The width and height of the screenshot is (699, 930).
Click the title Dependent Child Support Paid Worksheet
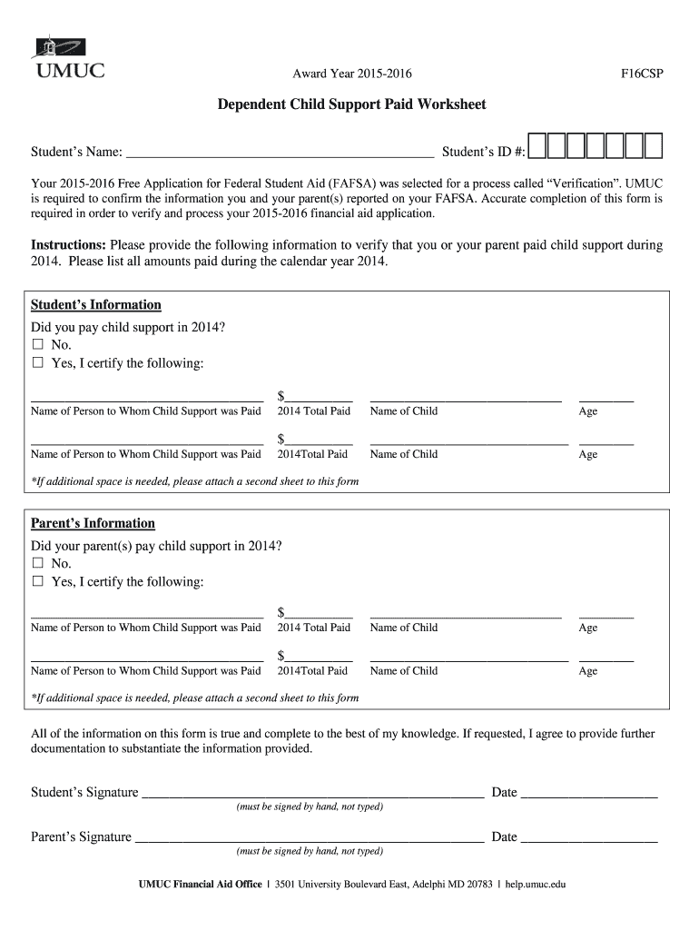click(x=351, y=104)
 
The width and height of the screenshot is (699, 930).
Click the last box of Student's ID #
click(x=654, y=145)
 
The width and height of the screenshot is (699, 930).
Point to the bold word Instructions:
click(x=69, y=245)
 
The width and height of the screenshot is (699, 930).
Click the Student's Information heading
click(x=96, y=305)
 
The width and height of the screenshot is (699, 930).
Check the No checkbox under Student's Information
click(x=38, y=345)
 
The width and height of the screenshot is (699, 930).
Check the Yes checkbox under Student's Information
click(x=38, y=363)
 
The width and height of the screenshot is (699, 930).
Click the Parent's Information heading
click(x=94, y=523)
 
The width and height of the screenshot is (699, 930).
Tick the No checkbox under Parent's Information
click(x=38, y=563)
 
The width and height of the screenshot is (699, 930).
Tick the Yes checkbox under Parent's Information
click(x=38, y=581)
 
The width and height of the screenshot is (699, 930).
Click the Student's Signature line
click(x=312, y=792)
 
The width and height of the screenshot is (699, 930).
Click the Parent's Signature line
click(x=309, y=836)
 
